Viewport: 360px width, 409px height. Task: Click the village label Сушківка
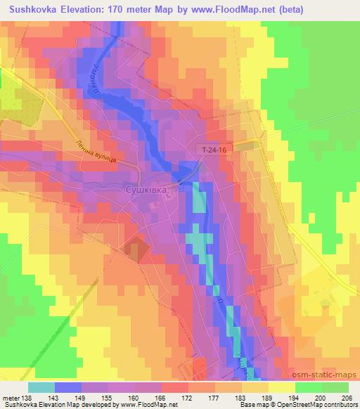click(x=145, y=190)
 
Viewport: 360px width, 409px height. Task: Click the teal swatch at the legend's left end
click(x=42, y=387)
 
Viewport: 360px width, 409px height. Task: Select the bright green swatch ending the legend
click(x=335, y=387)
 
